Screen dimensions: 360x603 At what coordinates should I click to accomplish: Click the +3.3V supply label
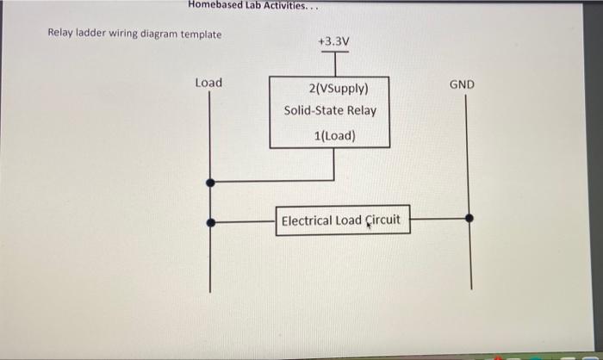(x=333, y=41)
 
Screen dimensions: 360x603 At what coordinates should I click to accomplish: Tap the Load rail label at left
(x=208, y=83)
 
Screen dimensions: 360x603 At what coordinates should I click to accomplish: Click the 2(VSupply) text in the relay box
(x=339, y=88)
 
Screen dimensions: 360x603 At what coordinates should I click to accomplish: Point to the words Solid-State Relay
(x=330, y=111)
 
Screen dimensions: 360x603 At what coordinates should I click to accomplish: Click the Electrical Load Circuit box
(x=342, y=220)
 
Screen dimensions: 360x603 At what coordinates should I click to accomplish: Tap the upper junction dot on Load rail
(x=210, y=183)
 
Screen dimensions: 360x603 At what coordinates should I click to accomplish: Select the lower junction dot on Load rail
(x=210, y=221)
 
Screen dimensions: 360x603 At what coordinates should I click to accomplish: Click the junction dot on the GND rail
(x=469, y=219)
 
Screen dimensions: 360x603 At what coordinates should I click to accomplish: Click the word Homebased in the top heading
(x=216, y=5)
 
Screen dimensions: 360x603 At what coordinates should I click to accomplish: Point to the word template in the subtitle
(x=197, y=34)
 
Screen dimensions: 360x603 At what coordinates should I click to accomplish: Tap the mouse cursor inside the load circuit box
(x=371, y=226)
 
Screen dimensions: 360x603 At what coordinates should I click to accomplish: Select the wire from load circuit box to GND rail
(x=439, y=219)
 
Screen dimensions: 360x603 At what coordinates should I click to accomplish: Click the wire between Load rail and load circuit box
(x=243, y=221)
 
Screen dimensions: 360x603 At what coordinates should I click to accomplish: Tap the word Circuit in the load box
(x=383, y=220)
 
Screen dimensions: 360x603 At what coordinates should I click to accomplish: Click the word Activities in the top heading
(x=293, y=5)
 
